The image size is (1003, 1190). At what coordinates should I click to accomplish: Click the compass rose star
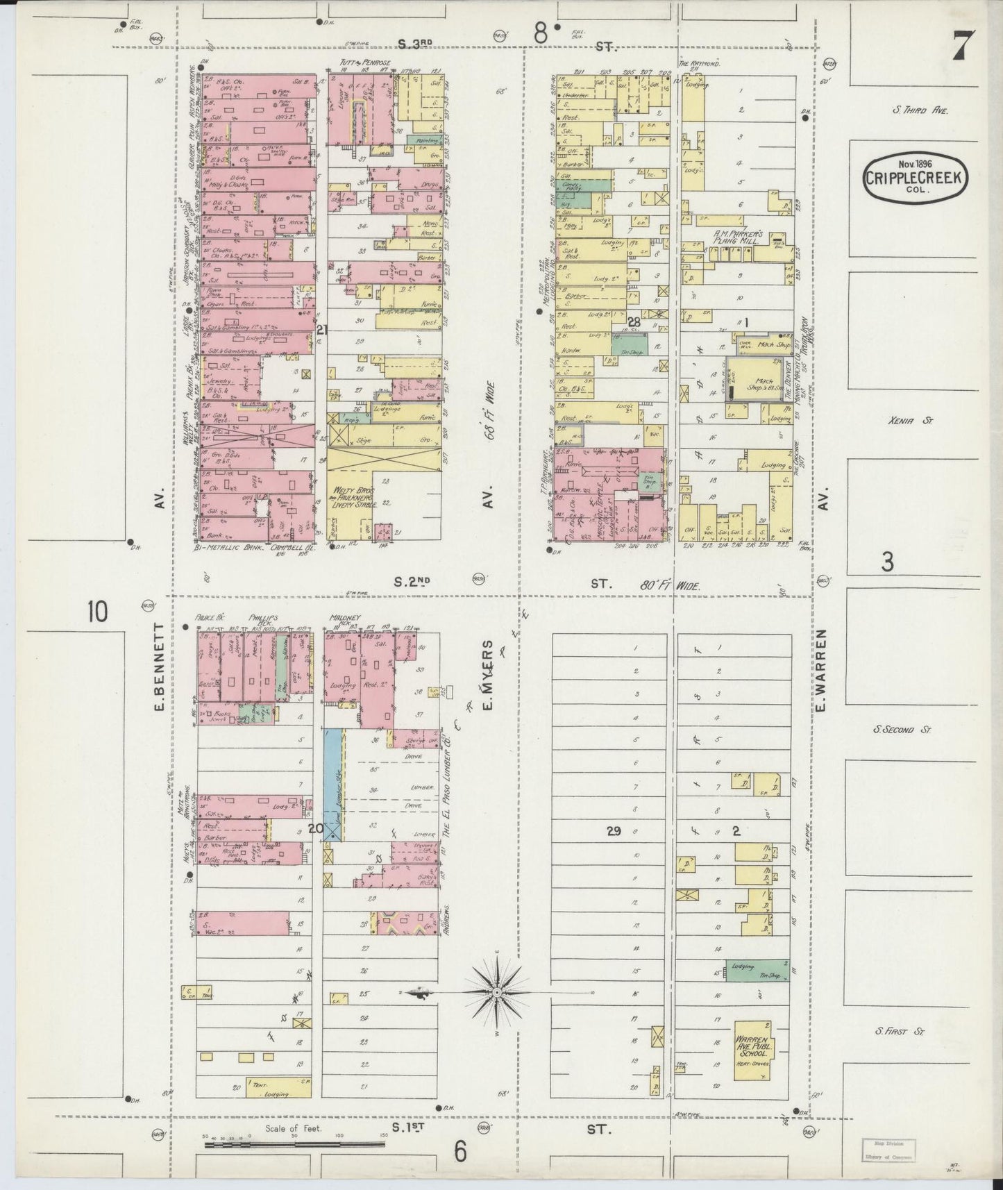[497, 994]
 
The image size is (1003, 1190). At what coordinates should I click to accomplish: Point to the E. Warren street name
[823, 671]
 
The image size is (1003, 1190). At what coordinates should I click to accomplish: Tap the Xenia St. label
[903, 420]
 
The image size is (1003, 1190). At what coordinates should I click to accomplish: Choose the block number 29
[613, 830]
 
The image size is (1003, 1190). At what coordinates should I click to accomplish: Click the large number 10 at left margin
[98, 613]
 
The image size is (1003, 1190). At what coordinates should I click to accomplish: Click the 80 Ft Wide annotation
[671, 585]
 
